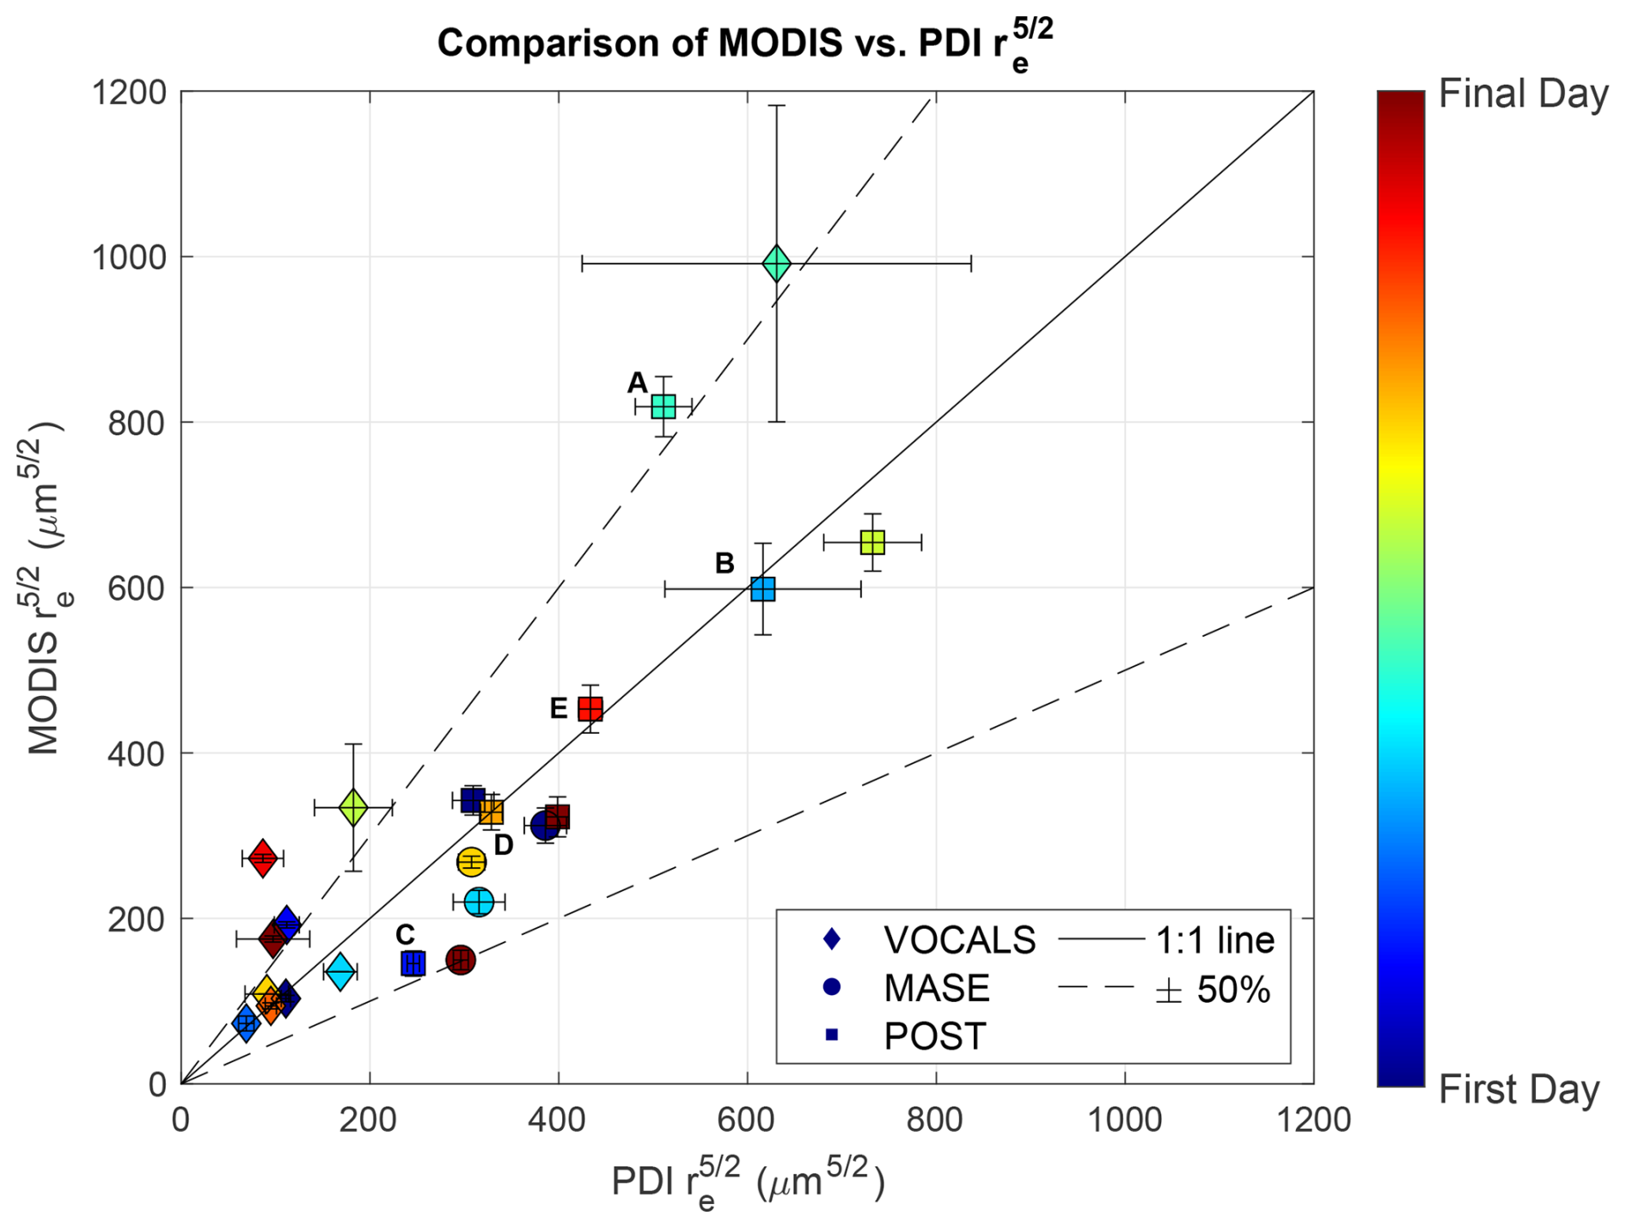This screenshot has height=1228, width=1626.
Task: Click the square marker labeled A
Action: click(x=663, y=406)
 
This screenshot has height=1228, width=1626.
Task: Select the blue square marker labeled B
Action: click(x=762, y=589)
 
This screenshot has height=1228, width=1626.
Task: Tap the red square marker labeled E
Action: click(x=590, y=709)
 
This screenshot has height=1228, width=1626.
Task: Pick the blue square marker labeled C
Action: click(x=413, y=963)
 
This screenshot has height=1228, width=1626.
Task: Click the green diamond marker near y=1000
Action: click(x=776, y=263)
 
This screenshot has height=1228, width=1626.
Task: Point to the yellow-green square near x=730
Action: click(x=872, y=542)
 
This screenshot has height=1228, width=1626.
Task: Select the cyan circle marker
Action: click(x=479, y=901)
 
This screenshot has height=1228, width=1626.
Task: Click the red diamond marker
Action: click(x=263, y=858)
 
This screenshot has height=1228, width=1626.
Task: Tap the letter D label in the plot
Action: click(x=504, y=846)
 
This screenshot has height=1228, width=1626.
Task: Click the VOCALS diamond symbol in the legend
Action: click(x=831, y=939)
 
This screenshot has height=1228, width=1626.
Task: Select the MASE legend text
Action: click(x=936, y=988)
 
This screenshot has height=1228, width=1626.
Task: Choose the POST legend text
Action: click(x=934, y=1036)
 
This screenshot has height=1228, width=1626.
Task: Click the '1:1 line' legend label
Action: click(x=1214, y=940)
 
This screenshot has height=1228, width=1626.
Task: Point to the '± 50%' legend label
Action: click(x=1213, y=990)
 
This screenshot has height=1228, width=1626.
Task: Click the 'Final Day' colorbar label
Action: click(x=1522, y=95)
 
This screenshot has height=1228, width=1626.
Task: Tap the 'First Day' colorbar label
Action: click(x=1519, y=1089)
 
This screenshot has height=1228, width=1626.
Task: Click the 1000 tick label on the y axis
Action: click(x=129, y=257)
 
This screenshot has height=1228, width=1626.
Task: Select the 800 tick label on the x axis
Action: click(x=935, y=1121)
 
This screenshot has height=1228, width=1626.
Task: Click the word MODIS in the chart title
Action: click(x=779, y=43)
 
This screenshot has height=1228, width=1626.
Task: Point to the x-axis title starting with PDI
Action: click(x=747, y=1183)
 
